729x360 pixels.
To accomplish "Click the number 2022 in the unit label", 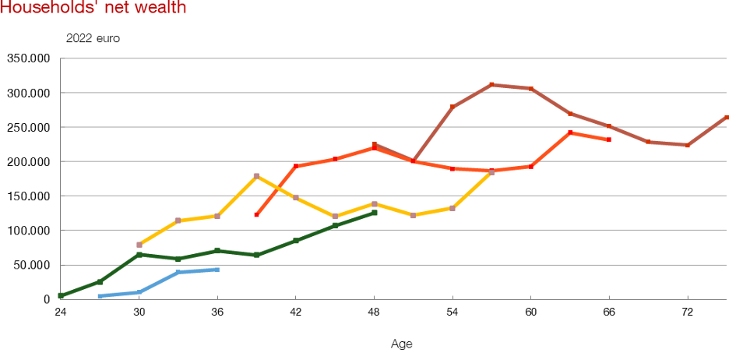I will [79, 38].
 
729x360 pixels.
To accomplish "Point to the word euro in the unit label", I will [111, 38].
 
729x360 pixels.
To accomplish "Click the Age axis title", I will [402, 344].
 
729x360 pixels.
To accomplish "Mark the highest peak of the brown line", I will [491, 84].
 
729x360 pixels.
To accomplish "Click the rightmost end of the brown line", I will [727, 117].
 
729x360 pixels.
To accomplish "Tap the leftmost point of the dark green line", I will [60, 295].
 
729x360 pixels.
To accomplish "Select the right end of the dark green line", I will [375, 212].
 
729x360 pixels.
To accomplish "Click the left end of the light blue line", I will [100, 296].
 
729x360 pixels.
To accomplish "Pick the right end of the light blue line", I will [218, 269].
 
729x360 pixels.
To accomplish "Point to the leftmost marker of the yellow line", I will [139, 245].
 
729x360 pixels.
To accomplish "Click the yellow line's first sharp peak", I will [257, 175].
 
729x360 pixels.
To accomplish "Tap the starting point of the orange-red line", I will [257, 214].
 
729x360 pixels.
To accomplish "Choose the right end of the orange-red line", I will [609, 139].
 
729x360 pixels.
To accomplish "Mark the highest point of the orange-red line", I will [571, 132].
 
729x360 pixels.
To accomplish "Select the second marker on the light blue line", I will [139, 292].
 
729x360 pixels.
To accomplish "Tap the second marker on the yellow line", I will [178, 221].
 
